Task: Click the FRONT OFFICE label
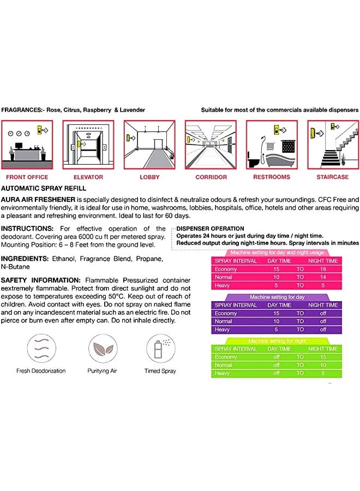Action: pyautogui.click(x=27, y=177)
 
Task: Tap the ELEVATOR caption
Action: pyautogui.click(x=88, y=177)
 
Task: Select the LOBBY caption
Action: pyautogui.click(x=149, y=177)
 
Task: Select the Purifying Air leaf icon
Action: pyautogui.click(x=103, y=348)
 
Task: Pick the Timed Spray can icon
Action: pyautogui.click(x=160, y=348)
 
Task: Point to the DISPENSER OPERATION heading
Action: pyautogui.click(x=211, y=229)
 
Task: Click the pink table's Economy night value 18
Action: pyautogui.click(x=323, y=269)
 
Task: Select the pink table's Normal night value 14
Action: pyautogui.click(x=323, y=277)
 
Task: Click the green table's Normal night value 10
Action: pyautogui.click(x=323, y=365)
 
